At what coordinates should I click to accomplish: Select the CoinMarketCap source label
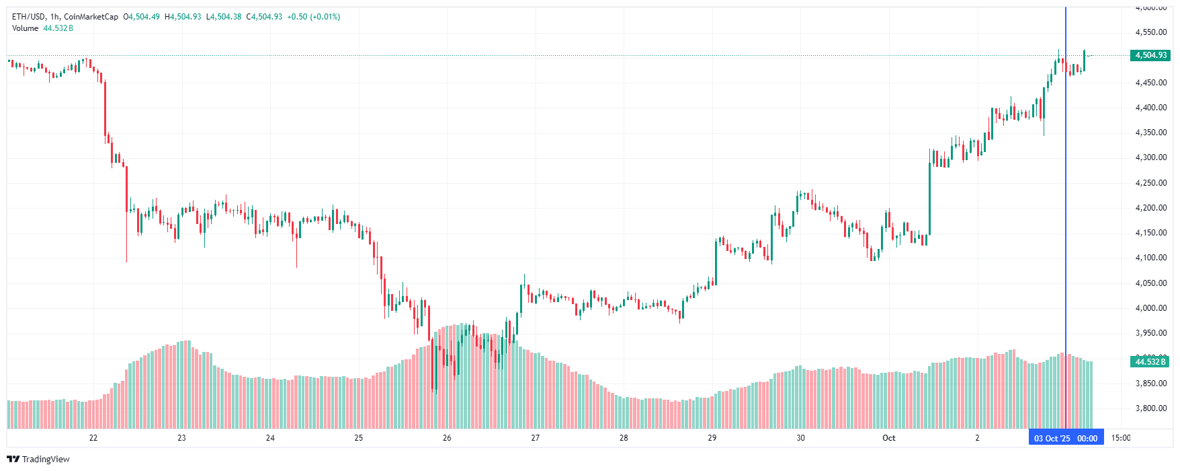[x=91, y=17]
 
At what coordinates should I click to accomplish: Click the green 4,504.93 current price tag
[x=1150, y=55]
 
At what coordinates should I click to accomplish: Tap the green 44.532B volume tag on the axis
[x=1150, y=362]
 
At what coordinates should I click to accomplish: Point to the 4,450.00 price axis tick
[x=1150, y=83]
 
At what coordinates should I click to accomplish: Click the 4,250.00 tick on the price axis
[x=1150, y=183]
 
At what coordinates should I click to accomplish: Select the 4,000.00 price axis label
[x=1150, y=308]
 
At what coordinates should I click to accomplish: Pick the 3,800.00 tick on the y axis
[x=1150, y=408]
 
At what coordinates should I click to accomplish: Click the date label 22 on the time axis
[x=93, y=438]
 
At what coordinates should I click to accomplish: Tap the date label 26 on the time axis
[x=447, y=438]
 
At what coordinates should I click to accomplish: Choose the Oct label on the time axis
[x=888, y=438]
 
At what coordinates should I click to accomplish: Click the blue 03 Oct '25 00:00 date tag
[x=1066, y=438]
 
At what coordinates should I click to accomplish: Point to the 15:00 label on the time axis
[x=1120, y=438]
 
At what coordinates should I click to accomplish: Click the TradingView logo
[x=38, y=459]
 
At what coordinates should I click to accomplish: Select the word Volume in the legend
[x=26, y=28]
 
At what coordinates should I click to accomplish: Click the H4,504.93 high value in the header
[x=183, y=17]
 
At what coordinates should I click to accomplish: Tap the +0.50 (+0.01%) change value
[x=313, y=17]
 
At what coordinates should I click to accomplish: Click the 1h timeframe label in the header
[x=54, y=17]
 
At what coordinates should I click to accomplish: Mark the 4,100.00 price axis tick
[x=1150, y=258]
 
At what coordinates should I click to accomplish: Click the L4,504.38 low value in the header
[x=224, y=17]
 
